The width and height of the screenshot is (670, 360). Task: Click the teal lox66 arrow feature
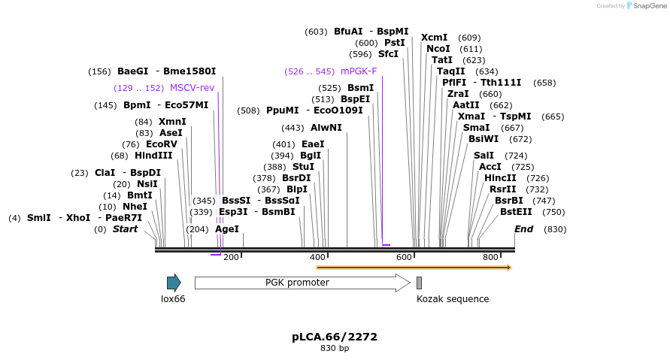coord(174,283)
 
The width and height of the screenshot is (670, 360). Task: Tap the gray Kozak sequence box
coord(419,283)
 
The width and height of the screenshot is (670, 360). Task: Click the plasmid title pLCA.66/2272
coord(335,337)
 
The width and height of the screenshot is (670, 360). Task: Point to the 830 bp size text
coord(335,348)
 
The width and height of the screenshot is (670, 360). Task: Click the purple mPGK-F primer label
coord(359,71)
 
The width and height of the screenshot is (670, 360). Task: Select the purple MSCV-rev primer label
coord(192,88)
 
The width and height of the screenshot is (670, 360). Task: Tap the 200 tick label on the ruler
coord(231,257)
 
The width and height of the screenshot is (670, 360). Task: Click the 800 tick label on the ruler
coord(491,257)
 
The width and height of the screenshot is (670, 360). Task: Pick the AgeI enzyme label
coord(227,229)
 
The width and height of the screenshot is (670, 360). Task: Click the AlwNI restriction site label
coord(326,128)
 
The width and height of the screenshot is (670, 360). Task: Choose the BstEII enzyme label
coord(516,212)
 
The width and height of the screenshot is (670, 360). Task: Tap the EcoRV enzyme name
coord(162,144)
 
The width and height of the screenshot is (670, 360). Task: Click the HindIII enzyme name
coord(153,156)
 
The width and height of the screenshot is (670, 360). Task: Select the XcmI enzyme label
coord(434,38)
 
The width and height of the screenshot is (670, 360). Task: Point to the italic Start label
coord(125,229)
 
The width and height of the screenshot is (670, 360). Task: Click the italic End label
coord(523,229)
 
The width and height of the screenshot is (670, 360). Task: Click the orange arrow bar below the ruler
coord(414,268)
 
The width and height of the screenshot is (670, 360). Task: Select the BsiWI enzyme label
coord(484,139)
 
